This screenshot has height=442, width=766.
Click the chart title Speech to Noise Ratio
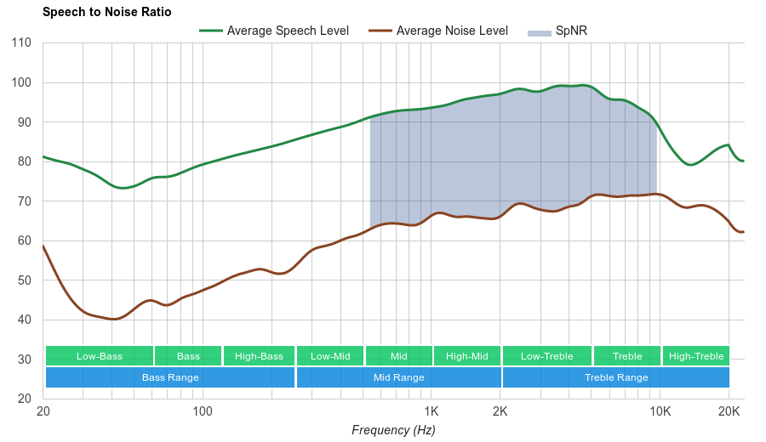point(106,12)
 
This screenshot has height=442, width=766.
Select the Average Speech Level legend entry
point(287,31)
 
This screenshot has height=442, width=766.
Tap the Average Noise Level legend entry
point(452,31)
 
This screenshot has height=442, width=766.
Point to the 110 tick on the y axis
point(21,43)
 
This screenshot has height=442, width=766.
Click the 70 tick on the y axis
point(25,201)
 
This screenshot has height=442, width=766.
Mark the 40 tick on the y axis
point(25,320)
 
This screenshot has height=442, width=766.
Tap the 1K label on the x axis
point(431,411)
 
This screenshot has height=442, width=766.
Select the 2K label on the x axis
point(500,411)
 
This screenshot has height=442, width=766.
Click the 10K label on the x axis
point(660,411)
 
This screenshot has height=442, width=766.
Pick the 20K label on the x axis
point(729,411)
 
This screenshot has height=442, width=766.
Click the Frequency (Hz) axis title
point(393,430)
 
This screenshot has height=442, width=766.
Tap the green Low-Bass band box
point(100,356)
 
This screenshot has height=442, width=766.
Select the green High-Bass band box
point(259,356)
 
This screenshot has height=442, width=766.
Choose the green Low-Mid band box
point(330,356)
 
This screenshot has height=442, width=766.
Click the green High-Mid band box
point(467,356)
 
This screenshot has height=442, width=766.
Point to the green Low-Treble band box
point(547,356)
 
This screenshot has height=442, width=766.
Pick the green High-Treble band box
point(696,356)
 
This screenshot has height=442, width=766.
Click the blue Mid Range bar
point(398,377)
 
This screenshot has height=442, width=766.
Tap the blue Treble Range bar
point(616,377)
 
